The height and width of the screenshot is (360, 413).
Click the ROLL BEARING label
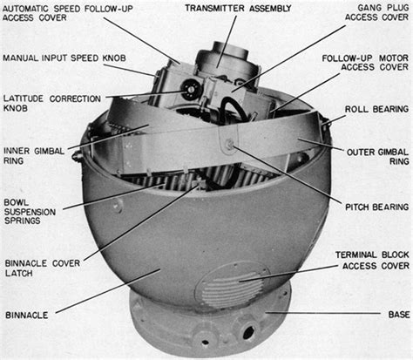tap(372, 112)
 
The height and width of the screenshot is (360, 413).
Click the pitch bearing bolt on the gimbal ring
tap(230, 146)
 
